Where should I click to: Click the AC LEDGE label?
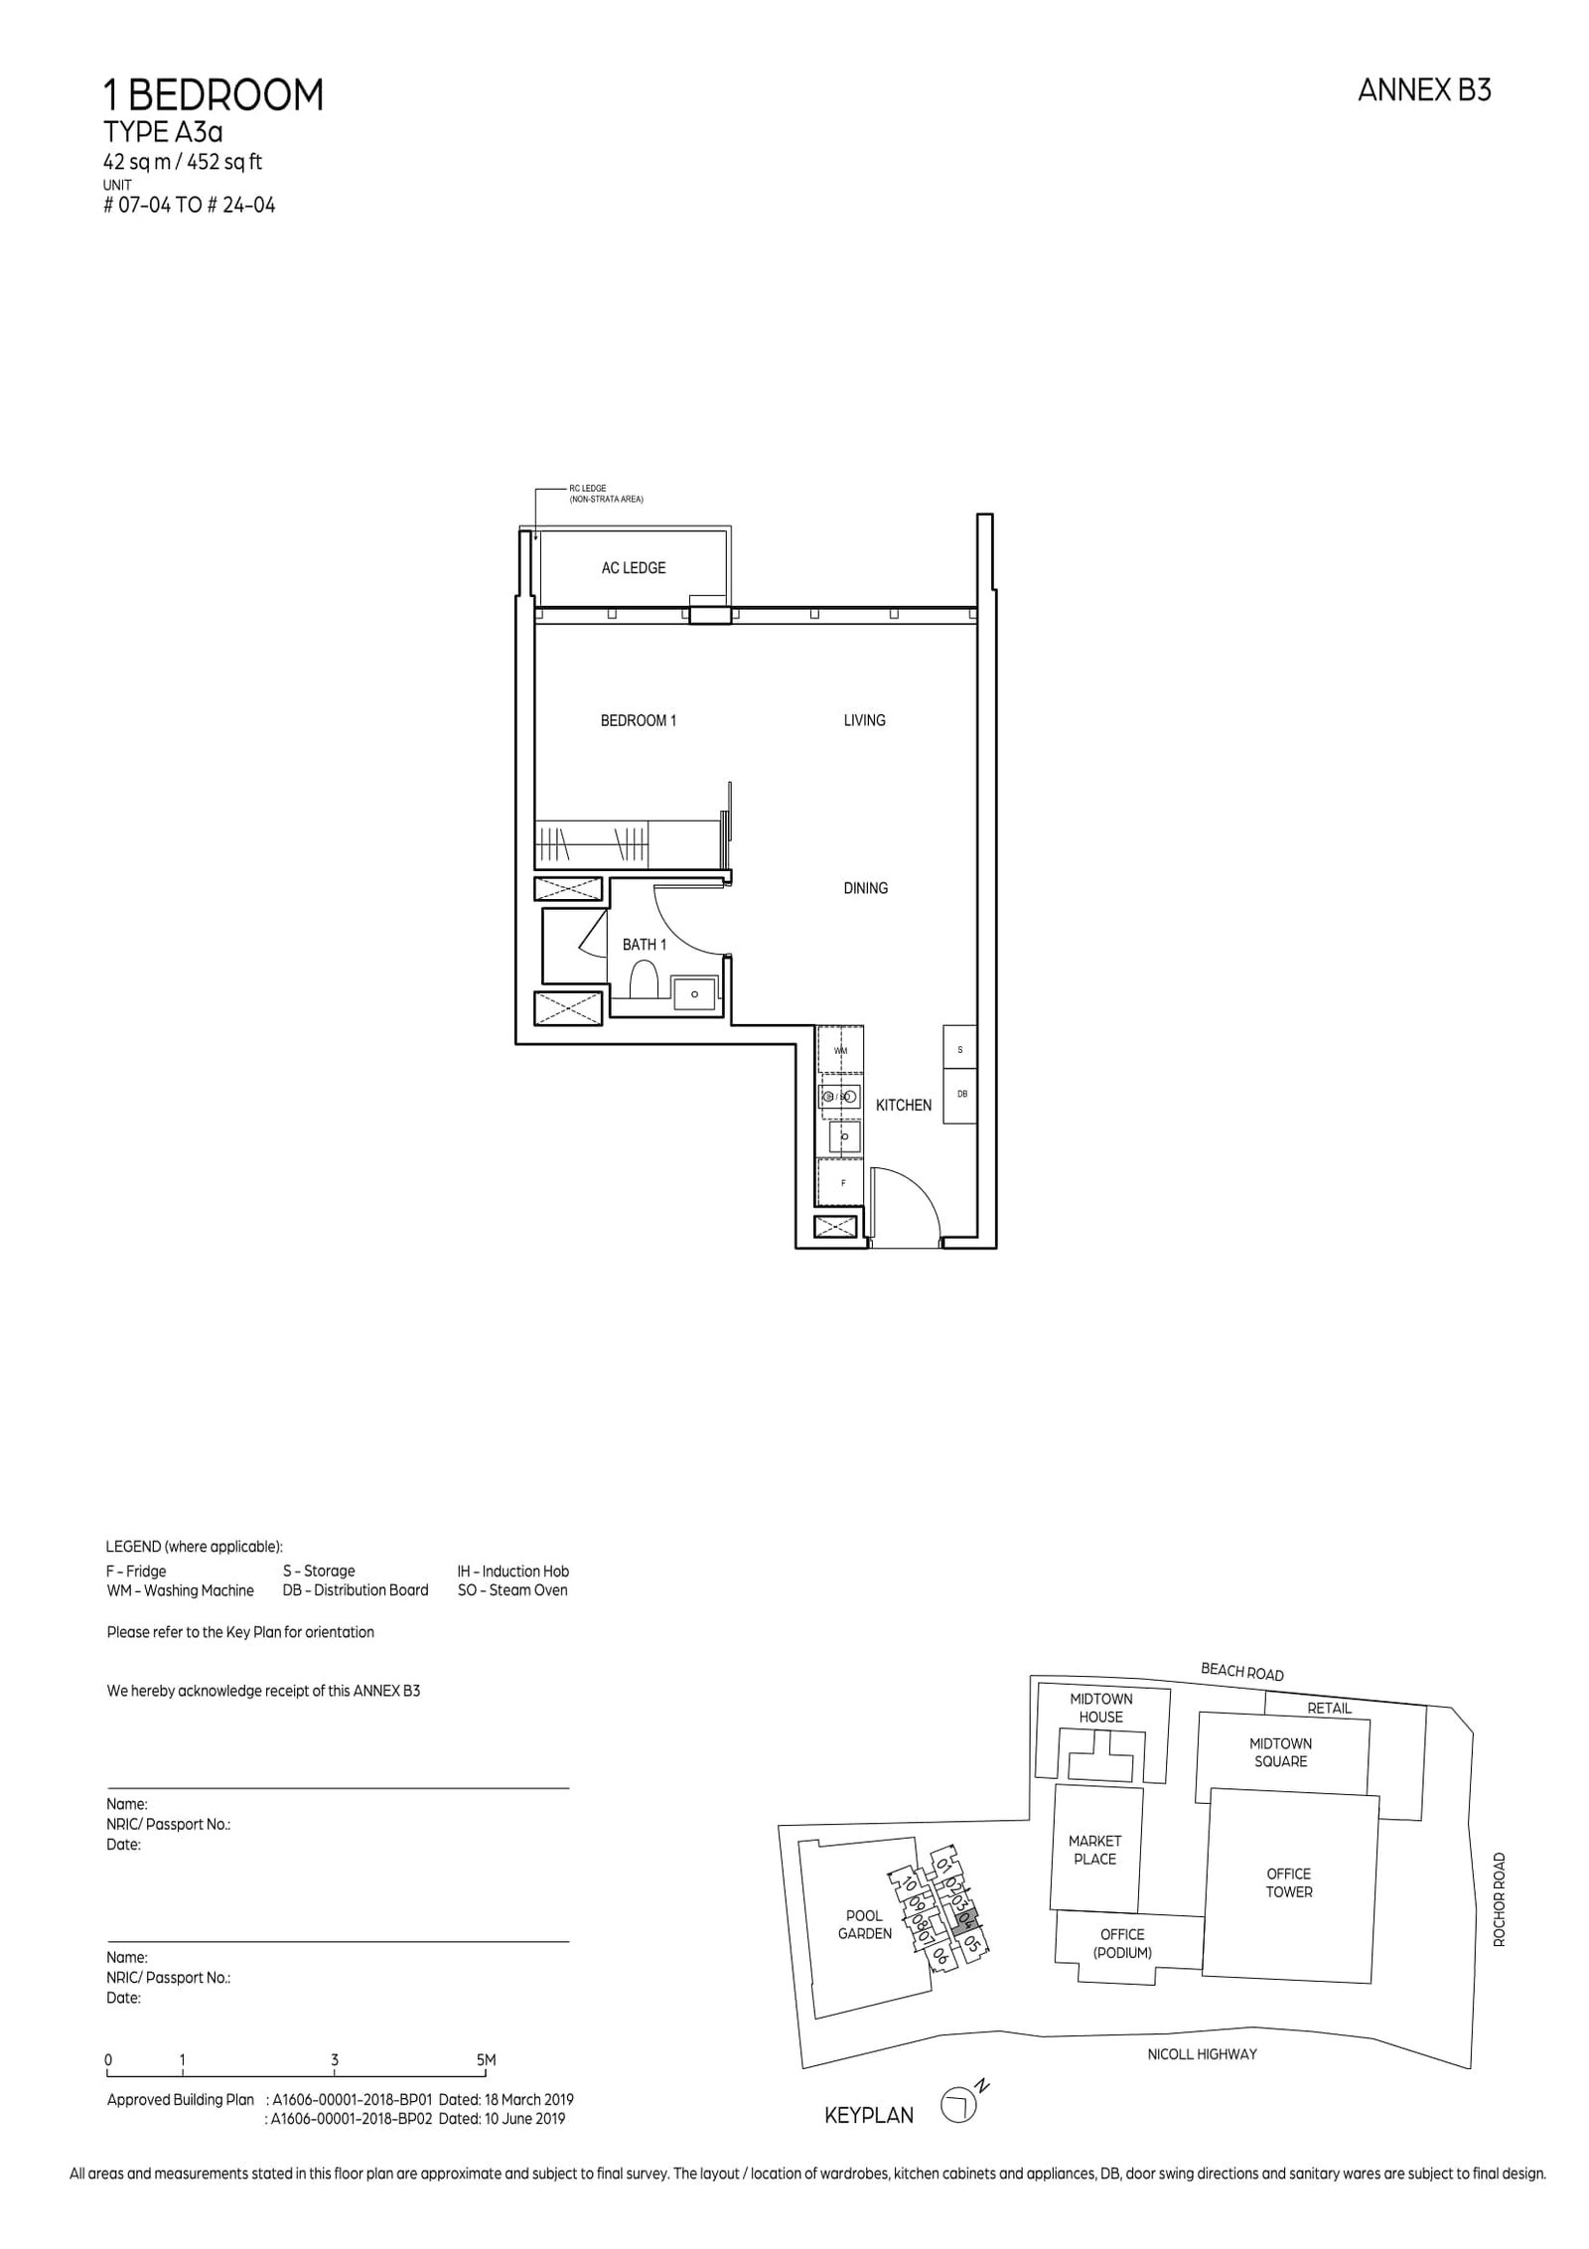(x=633, y=568)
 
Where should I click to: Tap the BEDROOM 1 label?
(x=638, y=720)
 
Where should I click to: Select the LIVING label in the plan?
(x=864, y=720)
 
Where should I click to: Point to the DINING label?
(x=865, y=888)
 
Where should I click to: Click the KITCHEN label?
(x=903, y=1105)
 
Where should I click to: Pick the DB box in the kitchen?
(x=960, y=1095)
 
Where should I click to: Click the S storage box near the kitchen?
(x=959, y=1049)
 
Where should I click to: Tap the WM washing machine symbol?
(x=840, y=1050)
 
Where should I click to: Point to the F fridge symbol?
(x=843, y=1183)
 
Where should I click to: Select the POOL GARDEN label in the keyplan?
(x=864, y=1924)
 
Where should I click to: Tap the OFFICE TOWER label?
(x=1288, y=1882)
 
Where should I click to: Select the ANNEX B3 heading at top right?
(x=1423, y=90)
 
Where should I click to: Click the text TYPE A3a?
(x=163, y=133)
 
